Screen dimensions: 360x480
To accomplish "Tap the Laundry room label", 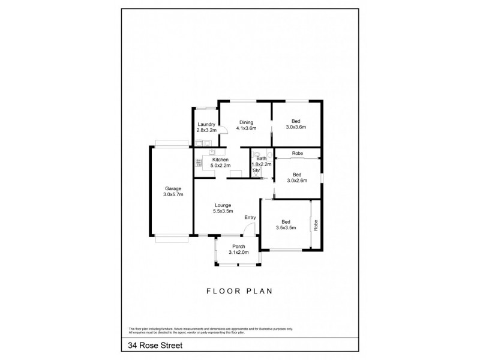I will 206,124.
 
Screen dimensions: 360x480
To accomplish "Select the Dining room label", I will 246,122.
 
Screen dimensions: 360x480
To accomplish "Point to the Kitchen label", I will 220,159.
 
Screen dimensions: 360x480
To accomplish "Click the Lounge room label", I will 222,205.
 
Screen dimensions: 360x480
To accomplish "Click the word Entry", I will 250,217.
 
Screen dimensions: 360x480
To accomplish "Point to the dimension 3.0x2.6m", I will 296,181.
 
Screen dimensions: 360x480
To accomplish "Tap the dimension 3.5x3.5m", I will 285,228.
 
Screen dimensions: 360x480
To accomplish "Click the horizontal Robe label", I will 297,154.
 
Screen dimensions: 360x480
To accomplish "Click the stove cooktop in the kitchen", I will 198,162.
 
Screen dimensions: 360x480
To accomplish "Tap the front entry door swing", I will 251,229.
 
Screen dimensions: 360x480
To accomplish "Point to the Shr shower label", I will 256,170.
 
